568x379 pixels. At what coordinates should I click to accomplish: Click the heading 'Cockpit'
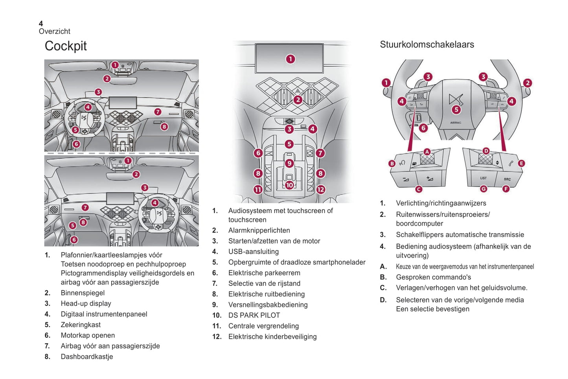click(66, 46)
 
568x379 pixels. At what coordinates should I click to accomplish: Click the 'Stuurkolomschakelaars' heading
click(427, 44)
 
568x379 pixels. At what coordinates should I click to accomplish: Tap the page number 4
click(41, 24)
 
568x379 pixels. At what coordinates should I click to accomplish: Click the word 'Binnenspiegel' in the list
click(83, 293)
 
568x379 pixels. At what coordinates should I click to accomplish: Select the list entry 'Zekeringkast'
click(81, 325)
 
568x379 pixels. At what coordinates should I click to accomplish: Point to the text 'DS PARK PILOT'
click(254, 315)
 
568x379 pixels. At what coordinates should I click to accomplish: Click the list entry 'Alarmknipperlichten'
click(259, 230)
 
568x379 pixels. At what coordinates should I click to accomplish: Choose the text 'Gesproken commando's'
click(433, 277)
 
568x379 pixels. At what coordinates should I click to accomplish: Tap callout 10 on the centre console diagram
click(289, 185)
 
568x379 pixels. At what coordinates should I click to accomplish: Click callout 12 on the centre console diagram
click(321, 189)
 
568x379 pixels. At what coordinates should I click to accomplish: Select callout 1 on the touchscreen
click(290, 59)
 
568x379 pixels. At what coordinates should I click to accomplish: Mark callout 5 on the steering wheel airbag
click(456, 110)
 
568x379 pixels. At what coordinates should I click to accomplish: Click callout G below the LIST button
click(483, 189)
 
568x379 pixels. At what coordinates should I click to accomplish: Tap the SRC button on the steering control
click(507, 179)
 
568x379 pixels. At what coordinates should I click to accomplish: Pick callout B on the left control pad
click(392, 164)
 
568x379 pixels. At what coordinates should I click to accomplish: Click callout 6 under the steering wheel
click(423, 128)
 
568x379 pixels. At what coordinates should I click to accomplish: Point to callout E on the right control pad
click(521, 163)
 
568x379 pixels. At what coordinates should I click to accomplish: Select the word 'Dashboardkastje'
click(87, 357)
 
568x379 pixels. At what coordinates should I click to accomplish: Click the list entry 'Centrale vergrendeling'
click(263, 326)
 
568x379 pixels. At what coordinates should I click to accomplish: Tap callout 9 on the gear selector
click(289, 163)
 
